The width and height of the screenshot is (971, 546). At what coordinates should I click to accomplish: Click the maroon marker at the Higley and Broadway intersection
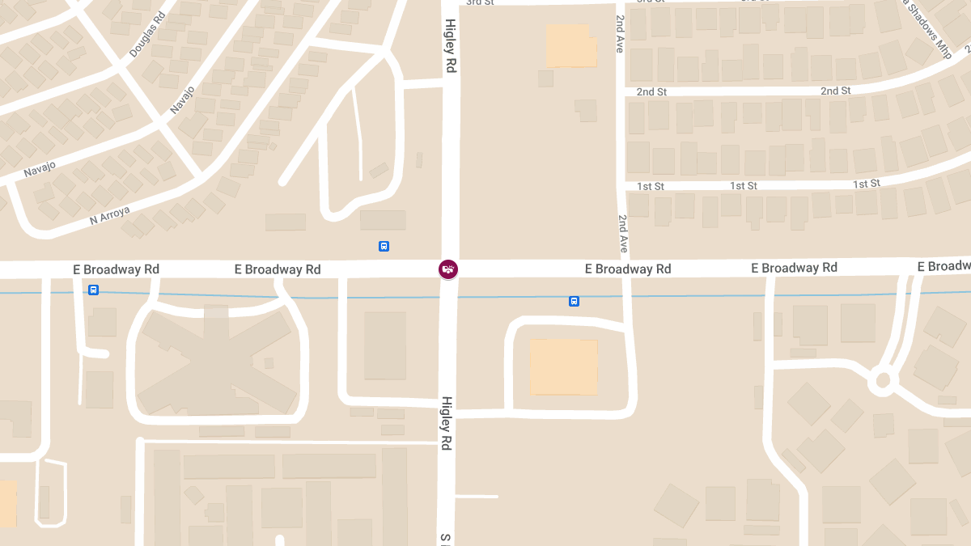click(x=448, y=269)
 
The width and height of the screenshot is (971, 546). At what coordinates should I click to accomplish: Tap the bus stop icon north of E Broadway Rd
click(x=384, y=246)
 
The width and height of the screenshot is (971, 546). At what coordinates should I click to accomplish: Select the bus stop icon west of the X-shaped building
click(x=94, y=290)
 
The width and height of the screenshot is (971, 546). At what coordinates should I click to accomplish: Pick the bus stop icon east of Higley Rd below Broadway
click(x=574, y=301)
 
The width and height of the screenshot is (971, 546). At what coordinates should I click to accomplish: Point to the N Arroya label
click(x=108, y=214)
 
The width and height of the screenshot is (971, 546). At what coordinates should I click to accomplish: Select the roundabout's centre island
click(x=882, y=380)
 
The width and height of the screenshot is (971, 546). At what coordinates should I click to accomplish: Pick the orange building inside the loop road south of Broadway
click(x=564, y=367)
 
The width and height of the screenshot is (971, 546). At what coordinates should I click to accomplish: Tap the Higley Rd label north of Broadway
click(x=450, y=47)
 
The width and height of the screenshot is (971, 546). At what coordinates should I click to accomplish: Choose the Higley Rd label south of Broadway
click(x=446, y=423)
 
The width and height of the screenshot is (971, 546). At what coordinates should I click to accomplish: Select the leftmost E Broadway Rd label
click(x=117, y=269)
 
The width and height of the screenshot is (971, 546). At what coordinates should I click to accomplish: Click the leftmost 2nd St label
click(x=651, y=92)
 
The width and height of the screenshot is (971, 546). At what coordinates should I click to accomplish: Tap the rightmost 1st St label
click(x=866, y=184)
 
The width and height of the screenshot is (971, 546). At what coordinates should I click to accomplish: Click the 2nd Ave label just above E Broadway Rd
click(x=623, y=234)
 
